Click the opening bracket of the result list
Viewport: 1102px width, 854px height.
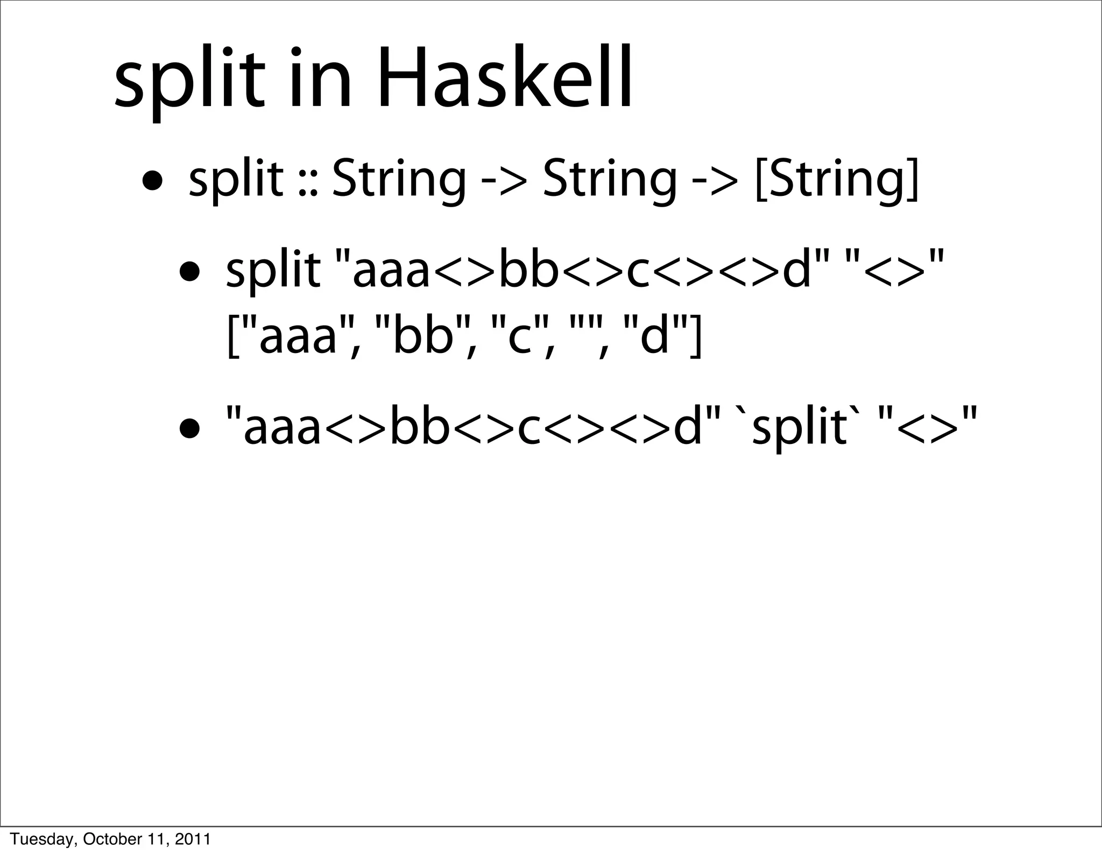click(x=232, y=339)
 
